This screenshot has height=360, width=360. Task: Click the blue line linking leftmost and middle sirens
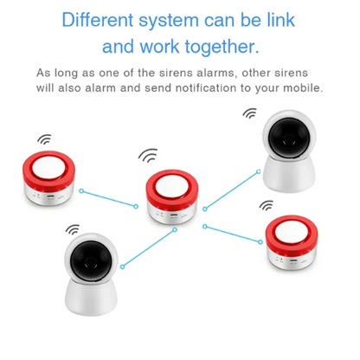click(108, 197)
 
